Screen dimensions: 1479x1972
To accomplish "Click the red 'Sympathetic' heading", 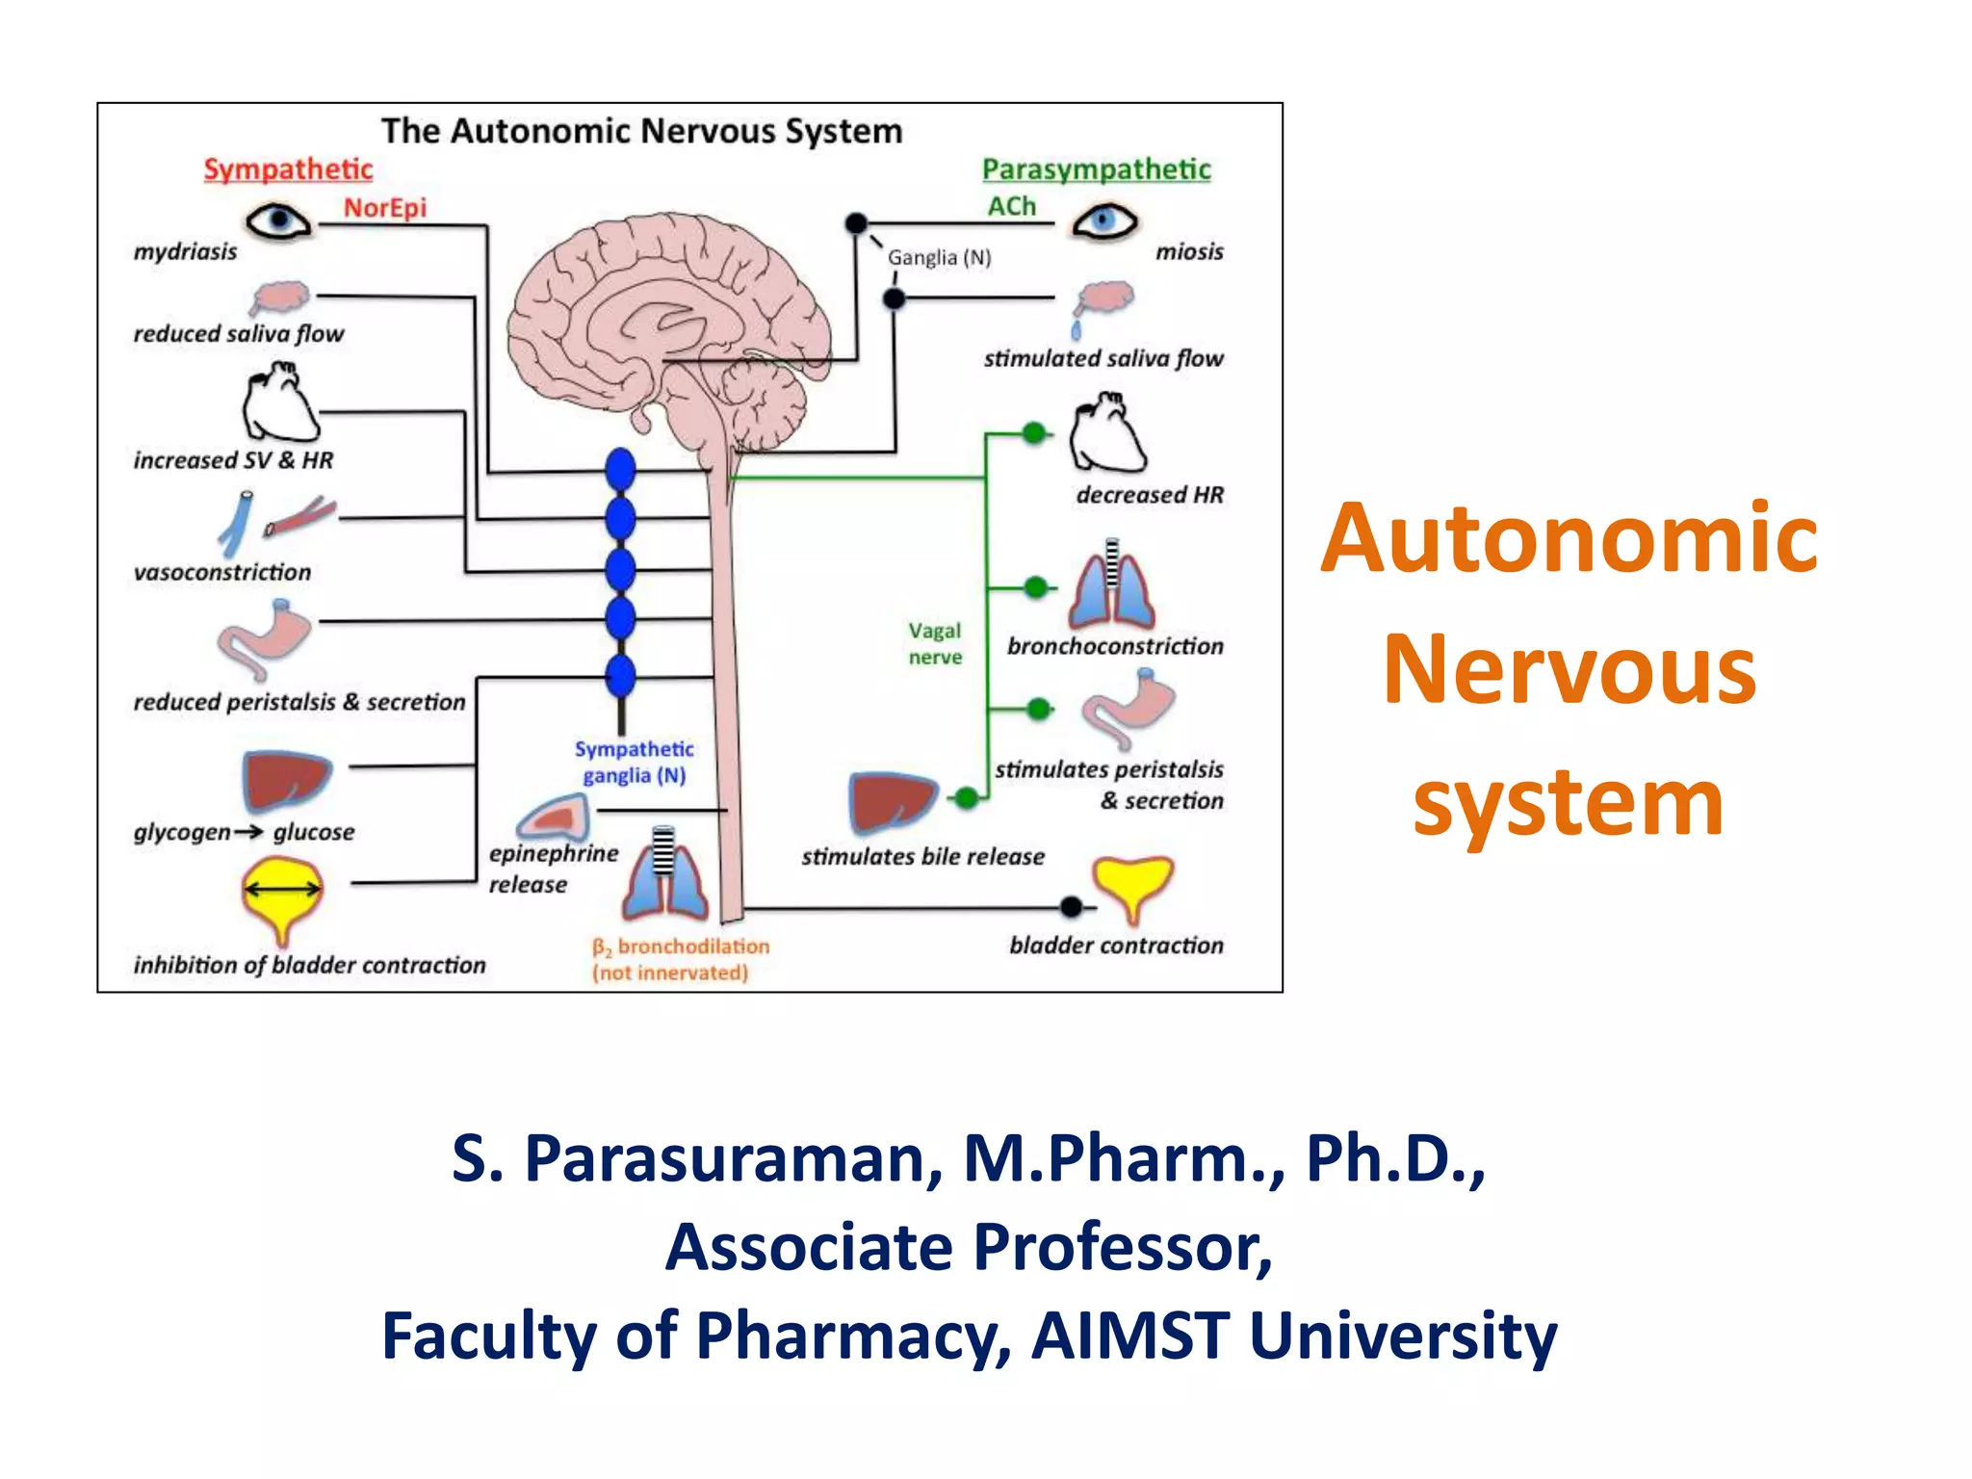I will pos(288,169).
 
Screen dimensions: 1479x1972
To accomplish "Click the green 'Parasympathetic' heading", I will pos(1096,169).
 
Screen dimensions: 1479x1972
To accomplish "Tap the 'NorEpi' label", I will pos(384,208).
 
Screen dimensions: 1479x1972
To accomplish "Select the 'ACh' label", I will pos(1011,206).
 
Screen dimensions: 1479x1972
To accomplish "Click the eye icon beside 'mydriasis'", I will pos(278,221).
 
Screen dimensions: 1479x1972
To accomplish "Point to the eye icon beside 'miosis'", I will pos(1104,222).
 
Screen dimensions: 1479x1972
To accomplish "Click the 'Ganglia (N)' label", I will pos(939,258).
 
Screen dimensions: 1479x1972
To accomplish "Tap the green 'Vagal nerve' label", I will pos(935,643).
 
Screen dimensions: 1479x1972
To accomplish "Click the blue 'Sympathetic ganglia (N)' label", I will pos(634,762).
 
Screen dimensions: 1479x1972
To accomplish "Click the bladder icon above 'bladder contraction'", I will pos(1133,884).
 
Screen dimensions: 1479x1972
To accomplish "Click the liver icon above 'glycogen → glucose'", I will pos(285,780).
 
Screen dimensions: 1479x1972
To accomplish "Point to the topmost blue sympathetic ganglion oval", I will pos(620,470).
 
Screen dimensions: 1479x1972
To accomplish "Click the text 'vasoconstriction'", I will pos(222,573).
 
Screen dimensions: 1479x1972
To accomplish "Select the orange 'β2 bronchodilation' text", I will pos(681,947).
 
